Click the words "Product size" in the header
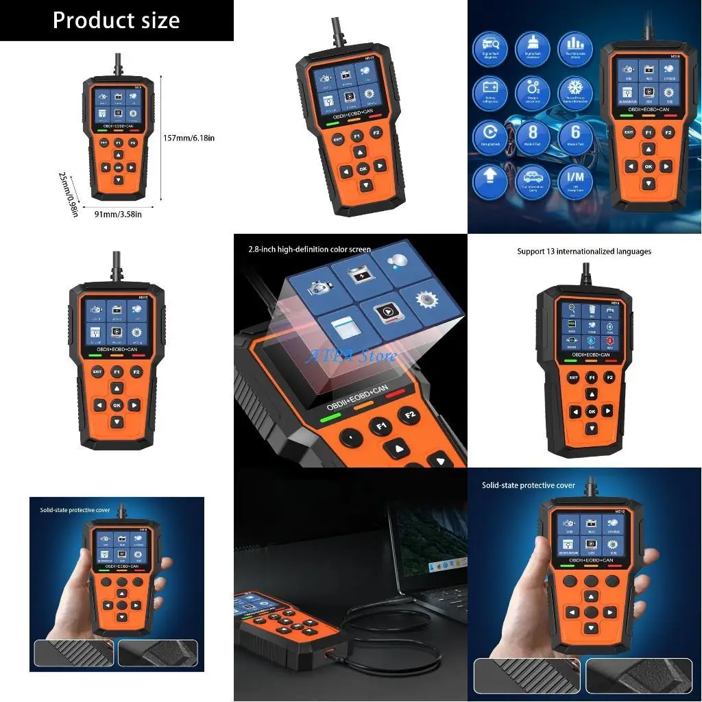(116, 20)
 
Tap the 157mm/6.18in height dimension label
(189, 138)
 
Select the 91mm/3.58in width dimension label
(118, 214)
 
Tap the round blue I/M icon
(574, 178)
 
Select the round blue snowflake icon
(574, 90)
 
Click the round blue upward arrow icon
(489, 178)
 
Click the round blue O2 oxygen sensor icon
(532, 90)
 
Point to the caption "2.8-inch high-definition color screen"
(310, 250)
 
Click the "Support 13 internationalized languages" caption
(584, 252)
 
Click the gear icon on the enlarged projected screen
(417, 300)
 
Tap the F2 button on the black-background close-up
(411, 416)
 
